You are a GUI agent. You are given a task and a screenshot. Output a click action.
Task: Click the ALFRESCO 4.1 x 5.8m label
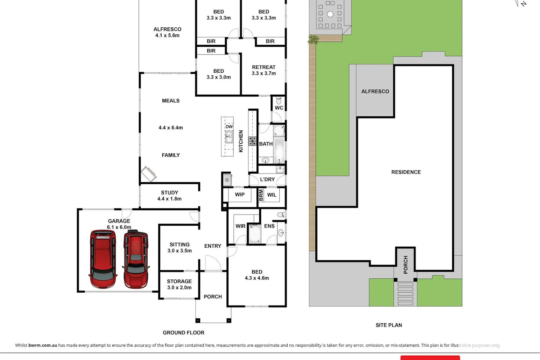coord(167,32)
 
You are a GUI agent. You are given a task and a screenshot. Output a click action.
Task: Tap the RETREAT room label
coord(264,67)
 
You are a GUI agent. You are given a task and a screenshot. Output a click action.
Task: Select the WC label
coord(279,108)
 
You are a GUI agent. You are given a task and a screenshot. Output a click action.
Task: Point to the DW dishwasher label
coord(229,127)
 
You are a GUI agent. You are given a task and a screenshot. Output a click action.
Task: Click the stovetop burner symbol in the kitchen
coord(252,141)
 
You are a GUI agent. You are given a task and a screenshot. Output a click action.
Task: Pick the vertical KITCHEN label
coord(241,141)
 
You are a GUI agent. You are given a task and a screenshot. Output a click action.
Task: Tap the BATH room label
coord(266,144)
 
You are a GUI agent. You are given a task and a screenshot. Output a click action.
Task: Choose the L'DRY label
coord(267,179)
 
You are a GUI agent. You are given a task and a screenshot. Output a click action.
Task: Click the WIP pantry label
coord(240,195)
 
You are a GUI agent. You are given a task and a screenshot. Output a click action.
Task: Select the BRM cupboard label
coord(261,195)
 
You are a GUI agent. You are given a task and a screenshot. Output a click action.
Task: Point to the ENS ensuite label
coord(269,226)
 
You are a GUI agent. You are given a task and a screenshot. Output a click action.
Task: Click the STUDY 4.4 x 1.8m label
coord(170,196)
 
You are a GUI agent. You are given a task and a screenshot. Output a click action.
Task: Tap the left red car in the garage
coord(103,259)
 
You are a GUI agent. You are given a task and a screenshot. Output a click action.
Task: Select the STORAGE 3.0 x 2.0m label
coord(179,284)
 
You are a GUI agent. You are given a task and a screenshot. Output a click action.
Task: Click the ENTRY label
coord(213,246)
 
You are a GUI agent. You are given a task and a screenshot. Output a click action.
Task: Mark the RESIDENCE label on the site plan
coord(406,172)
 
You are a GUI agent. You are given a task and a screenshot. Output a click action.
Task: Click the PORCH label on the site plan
coord(405,265)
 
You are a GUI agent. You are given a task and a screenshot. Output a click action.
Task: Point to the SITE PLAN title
coord(388,325)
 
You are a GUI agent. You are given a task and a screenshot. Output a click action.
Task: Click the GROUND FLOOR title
coord(184,333)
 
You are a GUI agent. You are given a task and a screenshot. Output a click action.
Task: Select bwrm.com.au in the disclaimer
coord(43,345)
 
